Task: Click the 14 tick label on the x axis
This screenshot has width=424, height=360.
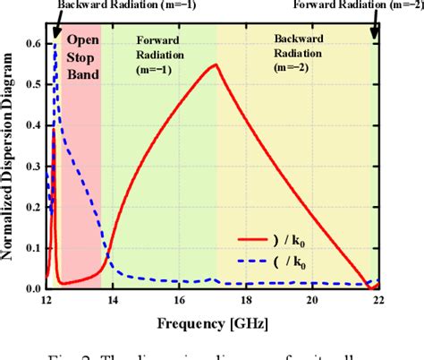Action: [x=113, y=301]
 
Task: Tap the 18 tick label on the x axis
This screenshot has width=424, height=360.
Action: [x=245, y=301]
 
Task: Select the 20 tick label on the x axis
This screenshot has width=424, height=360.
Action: [x=311, y=301]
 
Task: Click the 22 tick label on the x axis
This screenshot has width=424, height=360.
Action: [x=377, y=301]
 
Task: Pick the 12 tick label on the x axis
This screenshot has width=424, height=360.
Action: [x=47, y=301]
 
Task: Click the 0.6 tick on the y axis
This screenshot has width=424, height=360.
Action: [x=31, y=44]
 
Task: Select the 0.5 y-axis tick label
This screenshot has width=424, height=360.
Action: [x=31, y=85]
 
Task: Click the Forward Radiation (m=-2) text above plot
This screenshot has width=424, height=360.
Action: [x=367, y=5]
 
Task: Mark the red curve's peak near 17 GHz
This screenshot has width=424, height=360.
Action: [x=215, y=64]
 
